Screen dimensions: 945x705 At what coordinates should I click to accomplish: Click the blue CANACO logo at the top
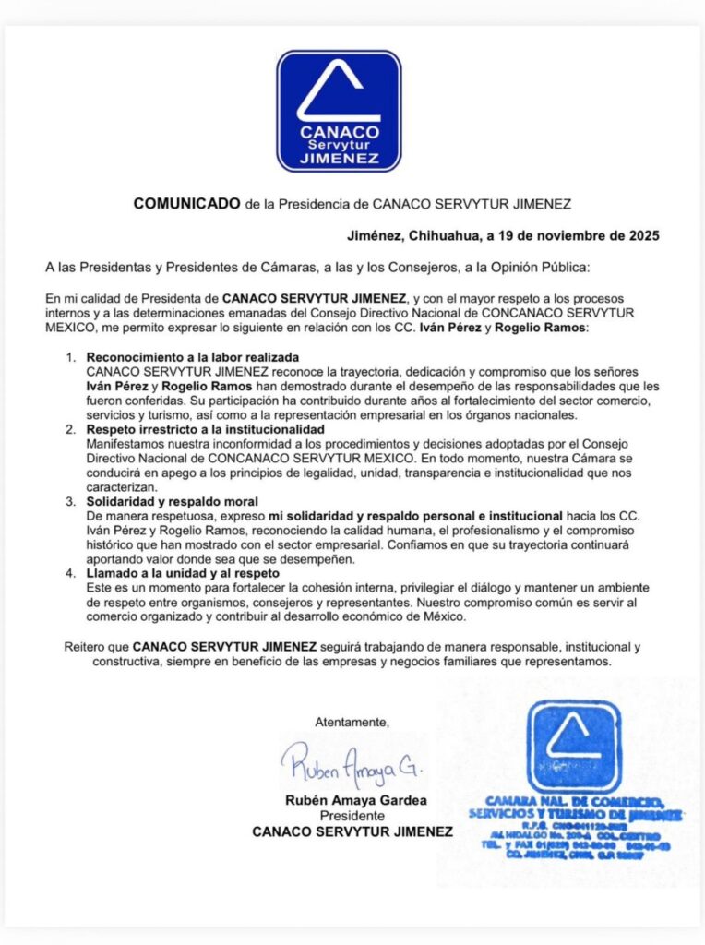point(340,111)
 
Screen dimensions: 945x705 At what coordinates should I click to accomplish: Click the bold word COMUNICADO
point(187,203)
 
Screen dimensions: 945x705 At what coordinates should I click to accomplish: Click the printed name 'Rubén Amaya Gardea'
point(353,801)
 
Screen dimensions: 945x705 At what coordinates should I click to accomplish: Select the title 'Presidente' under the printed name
point(352,817)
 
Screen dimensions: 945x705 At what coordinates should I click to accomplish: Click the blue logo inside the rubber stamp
point(574,746)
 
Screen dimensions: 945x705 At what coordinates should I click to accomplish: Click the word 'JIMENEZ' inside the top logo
point(340,159)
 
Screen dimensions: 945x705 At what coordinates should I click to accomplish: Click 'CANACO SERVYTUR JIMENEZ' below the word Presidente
point(352,832)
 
